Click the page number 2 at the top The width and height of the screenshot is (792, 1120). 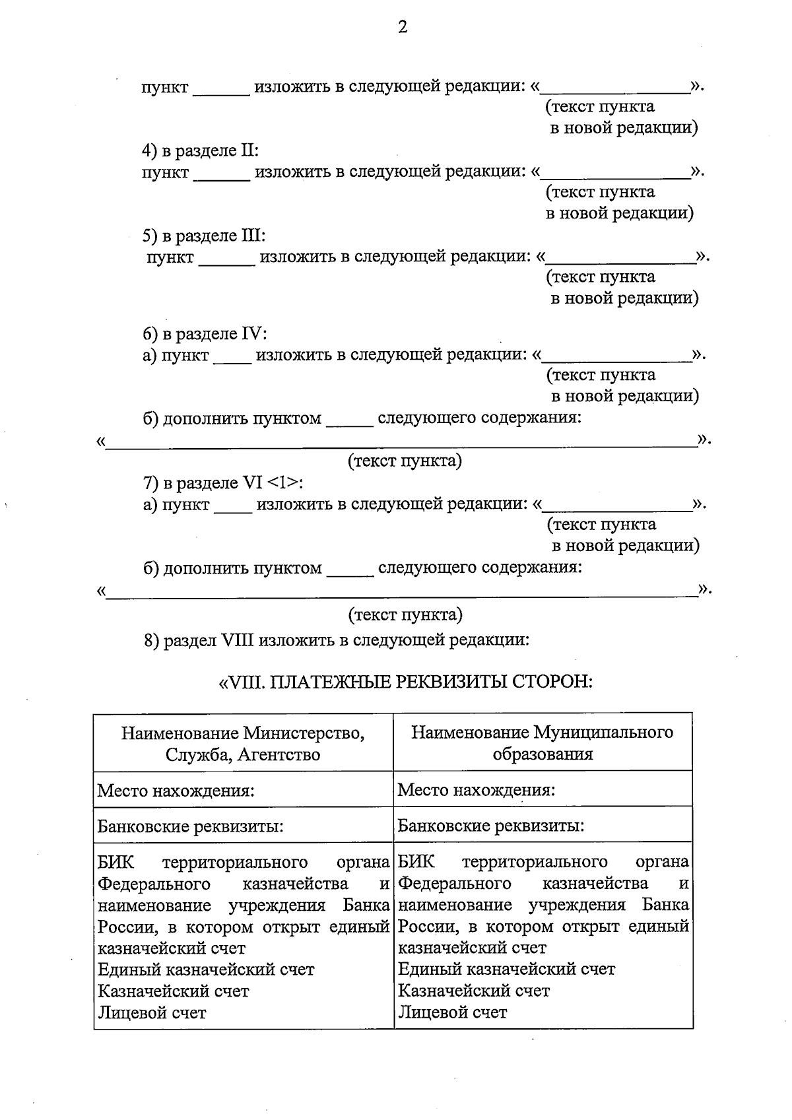[x=403, y=27]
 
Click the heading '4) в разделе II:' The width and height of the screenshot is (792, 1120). [x=201, y=150]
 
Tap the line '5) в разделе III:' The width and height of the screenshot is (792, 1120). [x=204, y=236]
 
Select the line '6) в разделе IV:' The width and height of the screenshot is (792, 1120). [x=205, y=334]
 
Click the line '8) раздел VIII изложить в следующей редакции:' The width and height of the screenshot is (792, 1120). [x=337, y=640]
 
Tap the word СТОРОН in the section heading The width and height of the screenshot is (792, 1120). [x=552, y=681]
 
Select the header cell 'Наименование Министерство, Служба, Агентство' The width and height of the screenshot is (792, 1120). [x=243, y=743]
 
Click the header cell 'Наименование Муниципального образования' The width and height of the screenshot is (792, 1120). [x=543, y=743]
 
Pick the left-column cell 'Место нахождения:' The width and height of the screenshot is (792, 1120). [x=176, y=791]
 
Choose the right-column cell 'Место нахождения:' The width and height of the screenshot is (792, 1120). [x=477, y=790]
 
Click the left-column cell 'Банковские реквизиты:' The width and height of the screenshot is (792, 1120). [x=191, y=826]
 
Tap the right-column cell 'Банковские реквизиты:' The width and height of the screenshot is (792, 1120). [x=491, y=826]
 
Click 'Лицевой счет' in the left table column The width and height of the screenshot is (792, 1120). [x=152, y=1012]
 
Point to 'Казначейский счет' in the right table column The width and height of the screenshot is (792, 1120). [x=474, y=991]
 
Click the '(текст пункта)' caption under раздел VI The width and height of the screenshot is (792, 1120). [x=405, y=615]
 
